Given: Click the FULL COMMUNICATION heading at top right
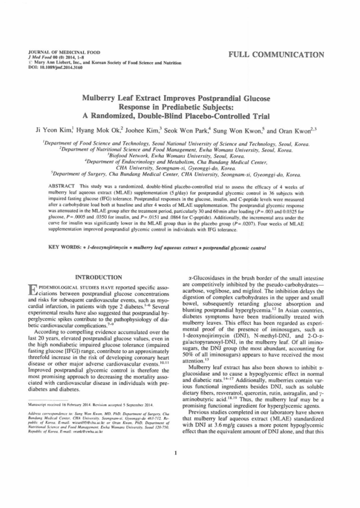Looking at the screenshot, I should click(277, 55).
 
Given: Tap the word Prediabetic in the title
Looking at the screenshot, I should click(165, 108).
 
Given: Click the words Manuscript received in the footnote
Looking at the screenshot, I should click(46, 406).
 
